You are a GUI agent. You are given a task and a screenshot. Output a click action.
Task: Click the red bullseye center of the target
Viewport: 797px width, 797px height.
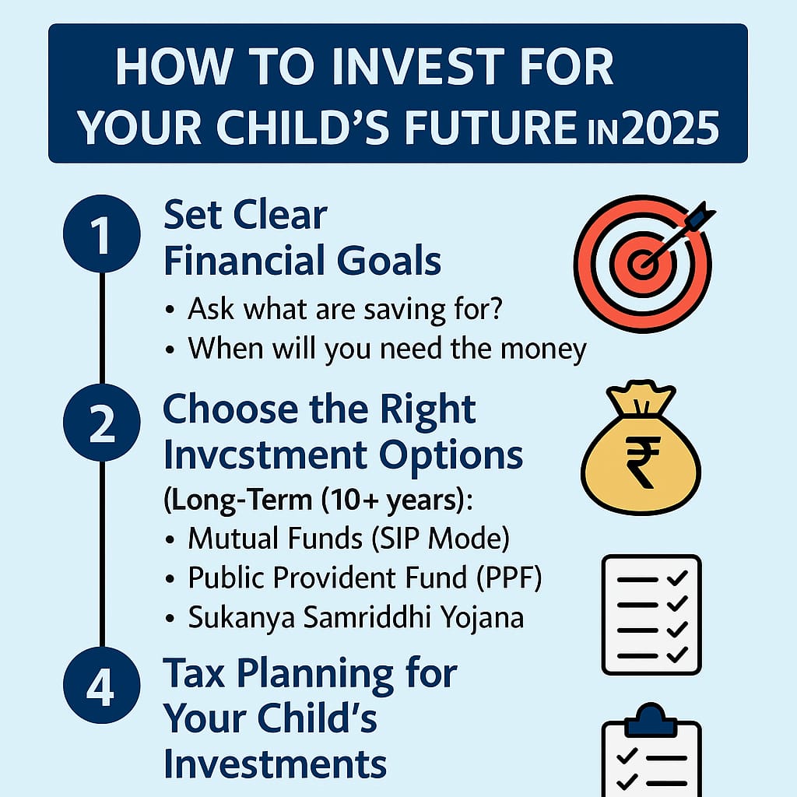(x=641, y=264)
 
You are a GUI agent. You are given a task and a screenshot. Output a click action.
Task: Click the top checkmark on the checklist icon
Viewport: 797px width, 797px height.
(x=677, y=578)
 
